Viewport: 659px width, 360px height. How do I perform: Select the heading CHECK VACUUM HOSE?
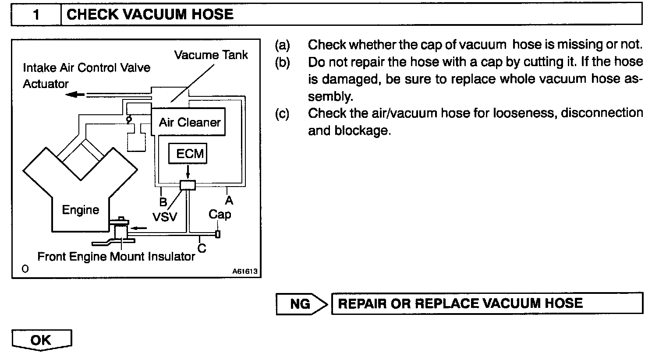pos(150,15)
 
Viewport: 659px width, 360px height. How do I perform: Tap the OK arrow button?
pos(41,340)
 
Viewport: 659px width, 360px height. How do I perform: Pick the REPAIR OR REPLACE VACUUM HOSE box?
pos(487,304)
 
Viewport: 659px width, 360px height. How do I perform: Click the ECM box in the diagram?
pos(190,154)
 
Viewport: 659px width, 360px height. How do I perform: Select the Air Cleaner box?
pos(189,122)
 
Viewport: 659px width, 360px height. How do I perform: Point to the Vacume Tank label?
pos(211,55)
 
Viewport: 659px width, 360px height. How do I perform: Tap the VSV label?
pos(165,216)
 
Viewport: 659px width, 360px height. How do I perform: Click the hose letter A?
pos(229,200)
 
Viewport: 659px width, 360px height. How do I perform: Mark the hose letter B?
pos(163,202)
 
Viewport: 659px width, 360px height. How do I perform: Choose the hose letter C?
pos(202,248)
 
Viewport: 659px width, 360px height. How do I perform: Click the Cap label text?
pos(220,215)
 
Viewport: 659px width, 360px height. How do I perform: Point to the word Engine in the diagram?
pos(80,210)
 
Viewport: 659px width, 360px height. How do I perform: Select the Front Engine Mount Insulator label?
pos(116,257)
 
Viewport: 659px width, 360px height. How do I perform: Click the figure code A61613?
pos(245,272)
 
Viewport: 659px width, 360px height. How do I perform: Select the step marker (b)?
pos(283,62)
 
